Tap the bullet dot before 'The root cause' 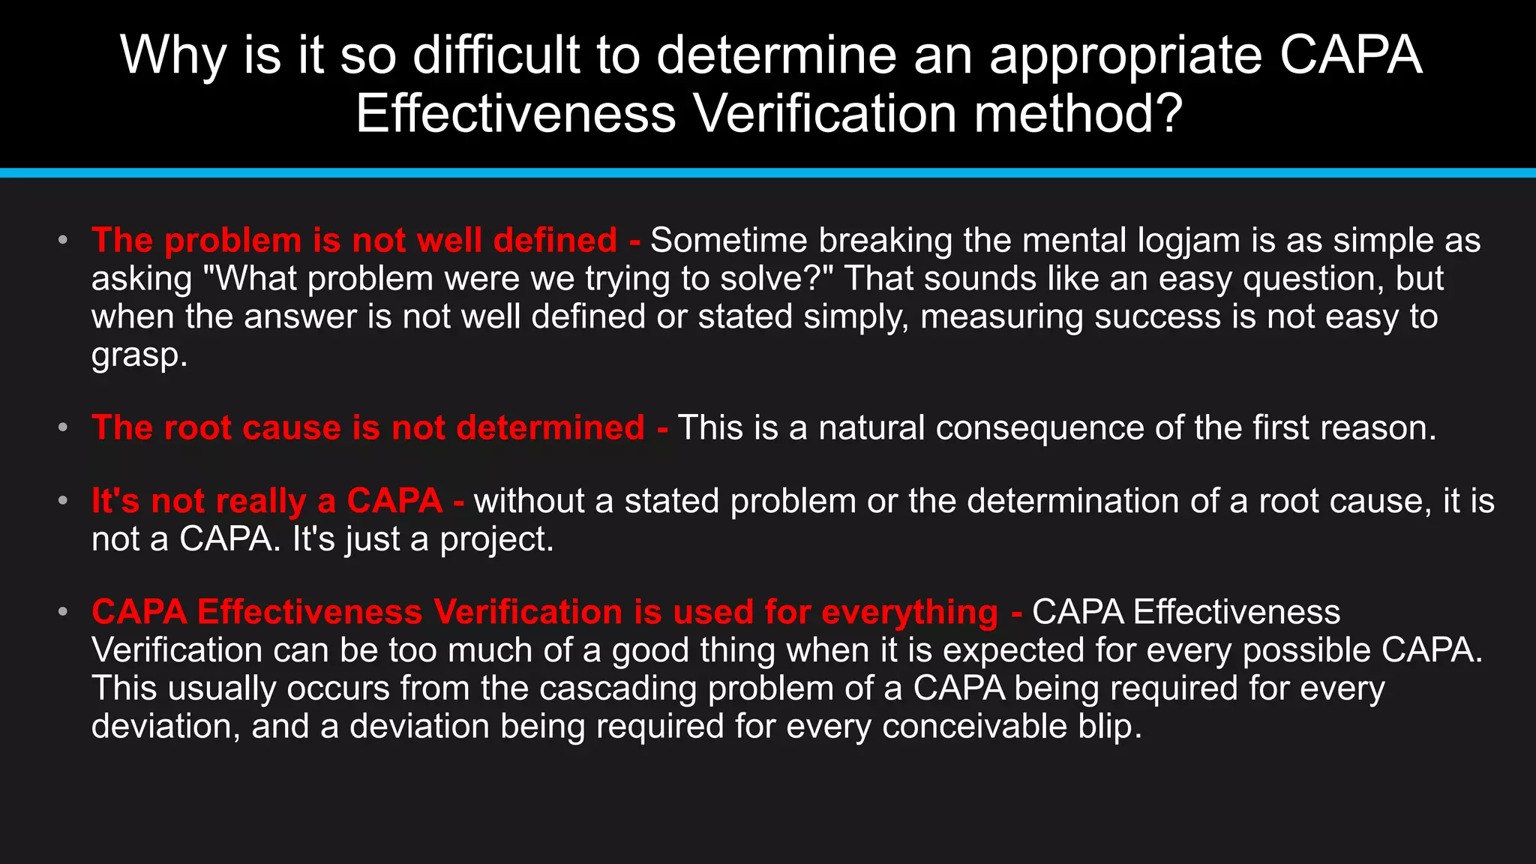[x=63, y=427]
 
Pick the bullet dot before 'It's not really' [x=63, y=500]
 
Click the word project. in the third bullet [x=496, y=539]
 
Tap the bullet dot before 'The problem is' [x=63, y=240]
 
